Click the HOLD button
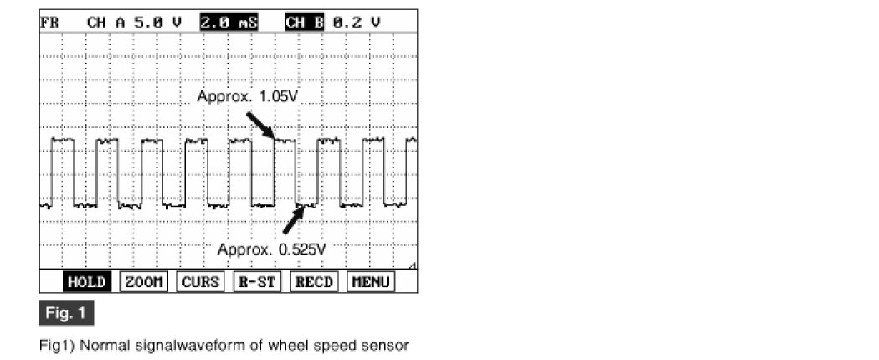tap(86, 282)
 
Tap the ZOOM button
tap(143, 282)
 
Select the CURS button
tap(201, 282)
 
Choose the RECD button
tap(314, 282)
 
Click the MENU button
tap(371, 282)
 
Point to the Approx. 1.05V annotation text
tap(248, 96)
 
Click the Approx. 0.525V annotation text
tap(271, 249)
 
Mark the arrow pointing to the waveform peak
tap(260, 126)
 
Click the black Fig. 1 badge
tap(66, 314)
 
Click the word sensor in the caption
tap(388, 344)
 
